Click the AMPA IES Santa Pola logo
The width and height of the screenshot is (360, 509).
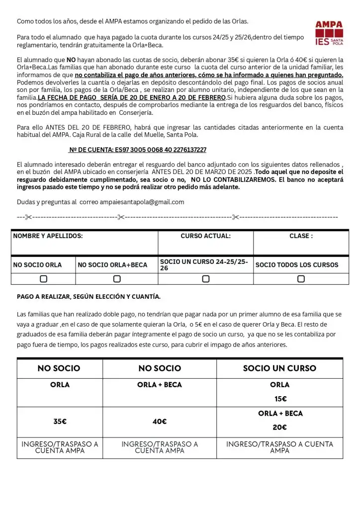pos(329,33)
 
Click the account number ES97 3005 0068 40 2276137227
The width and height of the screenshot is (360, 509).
pos(138,150)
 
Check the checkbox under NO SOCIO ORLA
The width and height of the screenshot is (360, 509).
pos(44,279)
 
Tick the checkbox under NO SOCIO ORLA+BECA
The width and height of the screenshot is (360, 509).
pos(117,279)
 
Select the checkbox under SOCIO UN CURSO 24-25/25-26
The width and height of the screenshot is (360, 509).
pos(205,279)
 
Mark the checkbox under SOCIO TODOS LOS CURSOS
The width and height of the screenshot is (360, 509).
pos(301,279)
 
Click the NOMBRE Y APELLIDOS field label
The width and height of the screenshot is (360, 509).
pos(48,236)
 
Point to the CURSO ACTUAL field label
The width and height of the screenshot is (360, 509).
pos(205,236)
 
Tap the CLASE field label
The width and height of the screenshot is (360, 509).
pos(301,236)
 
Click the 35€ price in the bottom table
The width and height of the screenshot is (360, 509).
pos(60,422)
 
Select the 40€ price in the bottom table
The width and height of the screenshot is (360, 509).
pos(160,422)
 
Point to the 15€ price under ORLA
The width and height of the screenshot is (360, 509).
pos(280,399)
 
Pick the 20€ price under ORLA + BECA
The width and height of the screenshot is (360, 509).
pos(280,427)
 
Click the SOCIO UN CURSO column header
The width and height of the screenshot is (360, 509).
pos(279,368)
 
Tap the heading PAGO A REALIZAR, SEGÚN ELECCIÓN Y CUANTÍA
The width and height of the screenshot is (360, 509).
pos(89,297)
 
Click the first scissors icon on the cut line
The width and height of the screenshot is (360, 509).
pos(28,217)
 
